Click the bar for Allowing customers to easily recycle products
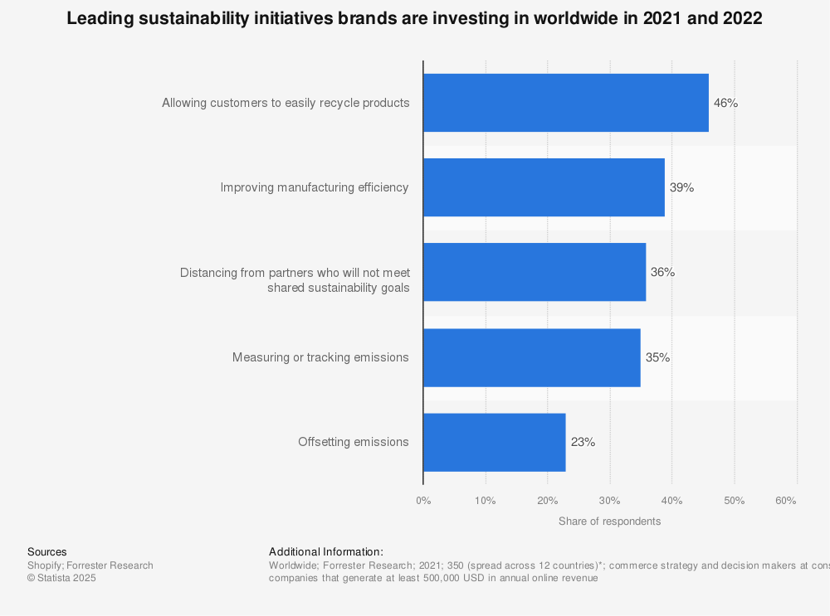pos(565,103)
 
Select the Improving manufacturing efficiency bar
pos(544,187)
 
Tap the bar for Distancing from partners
pos(534,272)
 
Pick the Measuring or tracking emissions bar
pos(531,357)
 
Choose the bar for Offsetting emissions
pos(494,442)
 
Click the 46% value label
pos(725,103)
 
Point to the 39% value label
pos(681,187)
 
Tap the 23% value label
pos(583,442)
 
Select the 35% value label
pos(657,357)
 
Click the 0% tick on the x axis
pos(423,501)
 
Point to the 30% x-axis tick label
pos(610,501)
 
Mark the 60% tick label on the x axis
pos(785,501)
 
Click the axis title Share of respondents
pos(609,521)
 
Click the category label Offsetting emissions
pos(353,442)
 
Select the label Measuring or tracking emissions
pos(320,357)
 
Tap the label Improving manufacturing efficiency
pos(314,187)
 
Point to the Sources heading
pos(47,551)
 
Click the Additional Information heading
pos(325,551)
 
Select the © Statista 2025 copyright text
pos(61,578)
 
